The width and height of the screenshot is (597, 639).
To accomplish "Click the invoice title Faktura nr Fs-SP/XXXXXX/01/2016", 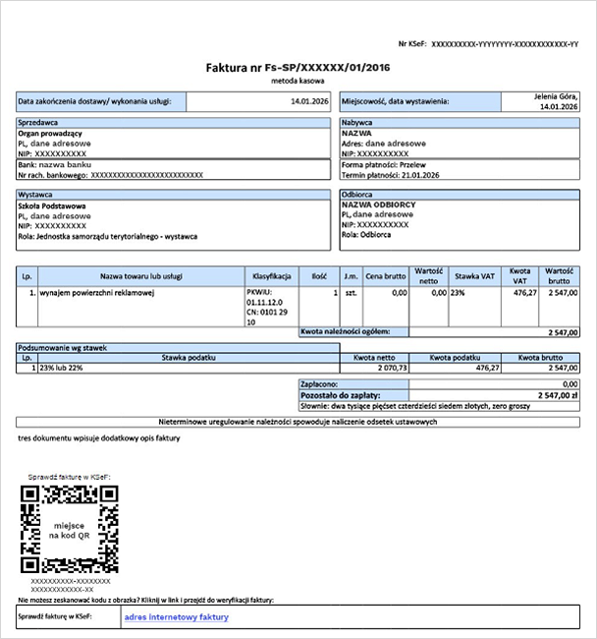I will pos(297,68).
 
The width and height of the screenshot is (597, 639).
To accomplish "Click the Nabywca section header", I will pos(356,123).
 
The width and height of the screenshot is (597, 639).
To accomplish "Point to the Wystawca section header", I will pos(36,195).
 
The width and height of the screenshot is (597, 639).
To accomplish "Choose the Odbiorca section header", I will pos(357,195).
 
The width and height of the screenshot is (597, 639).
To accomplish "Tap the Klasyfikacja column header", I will pos(272,277).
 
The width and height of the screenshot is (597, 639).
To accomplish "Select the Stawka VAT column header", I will pos(474,277).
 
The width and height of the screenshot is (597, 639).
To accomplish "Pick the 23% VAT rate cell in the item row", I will pos(458,293).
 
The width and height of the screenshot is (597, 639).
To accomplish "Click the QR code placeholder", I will pos(70,529).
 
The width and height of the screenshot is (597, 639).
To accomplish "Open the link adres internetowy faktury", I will pos(177,617).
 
